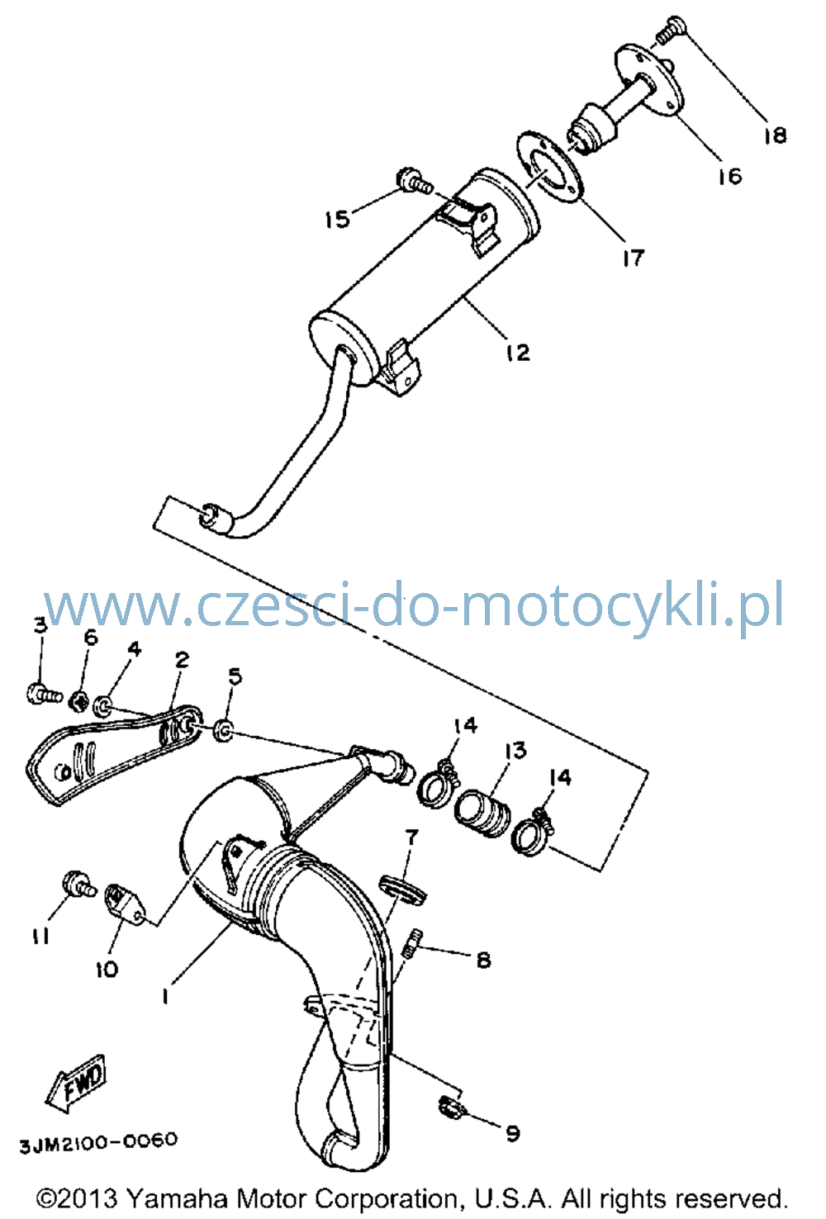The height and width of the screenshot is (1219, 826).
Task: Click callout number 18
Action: pyautogui.click(x=776, y=135)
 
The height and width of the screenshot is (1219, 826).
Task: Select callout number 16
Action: pyautogui.click(x=729, y=176)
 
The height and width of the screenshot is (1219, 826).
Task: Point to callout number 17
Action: pyautogui.click(x=634, y=258)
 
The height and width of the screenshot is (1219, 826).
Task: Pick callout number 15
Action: pyautogui.click(x=337, y=220)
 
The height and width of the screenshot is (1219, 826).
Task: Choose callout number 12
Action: pyautogui.click(x=517, y=353)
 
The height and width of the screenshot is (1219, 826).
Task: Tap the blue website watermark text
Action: pyautogui.click(x=414, y=605)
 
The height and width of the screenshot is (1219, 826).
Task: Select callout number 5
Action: pyautogui.click(x=235, y=676)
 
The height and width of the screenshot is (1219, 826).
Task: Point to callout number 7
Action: pyautogui.click(x=412, y=837)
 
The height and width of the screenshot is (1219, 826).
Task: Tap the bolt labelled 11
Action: pyautogui.click(x=79, y=884)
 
